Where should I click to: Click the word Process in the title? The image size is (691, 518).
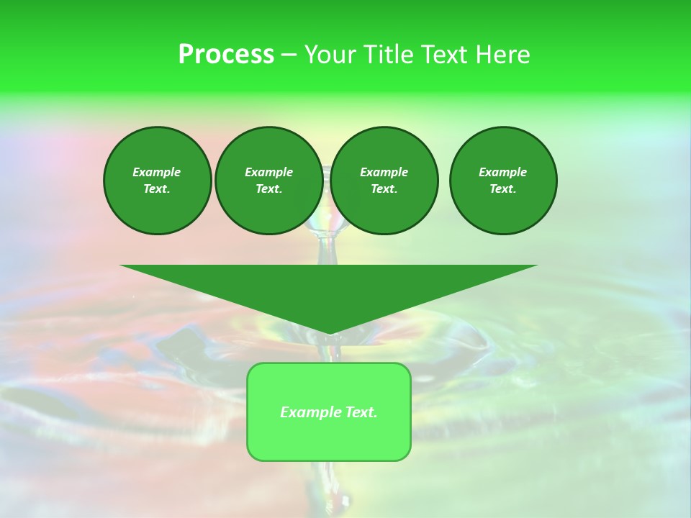click(226, 55)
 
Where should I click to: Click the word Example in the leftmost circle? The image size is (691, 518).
click(156, 172)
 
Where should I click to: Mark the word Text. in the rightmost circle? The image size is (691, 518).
click(503, 188)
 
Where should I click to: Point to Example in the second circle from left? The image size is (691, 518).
click(268, 172)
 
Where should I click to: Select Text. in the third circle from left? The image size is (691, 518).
click(384, 188)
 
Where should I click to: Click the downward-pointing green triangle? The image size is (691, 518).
click(329, 291)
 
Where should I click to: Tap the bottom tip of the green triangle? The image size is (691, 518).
click(329, 332)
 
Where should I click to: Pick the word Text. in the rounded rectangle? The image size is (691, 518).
click(361, 412)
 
